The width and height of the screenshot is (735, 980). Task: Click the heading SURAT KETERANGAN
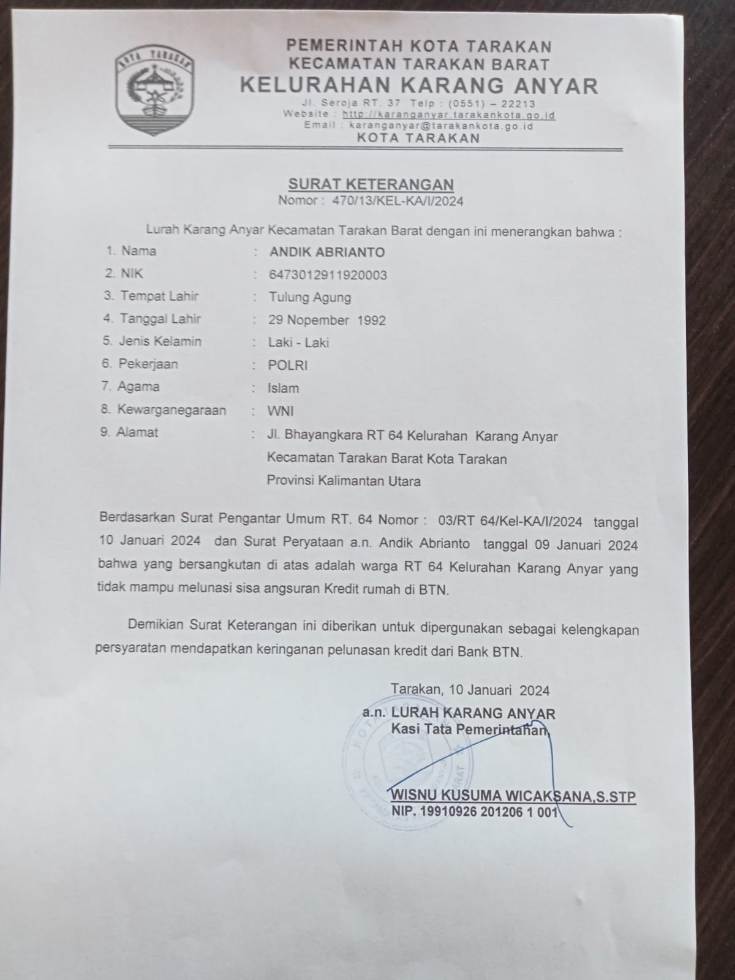371,184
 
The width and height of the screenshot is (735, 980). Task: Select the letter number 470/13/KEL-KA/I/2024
398,200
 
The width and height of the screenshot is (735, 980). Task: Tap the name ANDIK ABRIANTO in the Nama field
327,252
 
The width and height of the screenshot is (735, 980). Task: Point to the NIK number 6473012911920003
328,275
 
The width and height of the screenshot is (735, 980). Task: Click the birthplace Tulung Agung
310,298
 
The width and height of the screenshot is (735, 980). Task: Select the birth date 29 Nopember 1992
327,320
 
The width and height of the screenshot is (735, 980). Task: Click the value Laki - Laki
298,342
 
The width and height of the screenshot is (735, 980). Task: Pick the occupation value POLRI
288,365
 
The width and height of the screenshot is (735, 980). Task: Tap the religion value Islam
283,388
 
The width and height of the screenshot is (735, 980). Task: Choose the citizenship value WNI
280,410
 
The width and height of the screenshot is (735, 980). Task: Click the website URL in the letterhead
448,115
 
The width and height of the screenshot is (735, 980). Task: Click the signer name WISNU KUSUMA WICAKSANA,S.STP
513,797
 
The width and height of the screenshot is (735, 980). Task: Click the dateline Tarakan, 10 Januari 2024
470,690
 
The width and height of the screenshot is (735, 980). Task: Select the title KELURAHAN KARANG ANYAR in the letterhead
419,85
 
